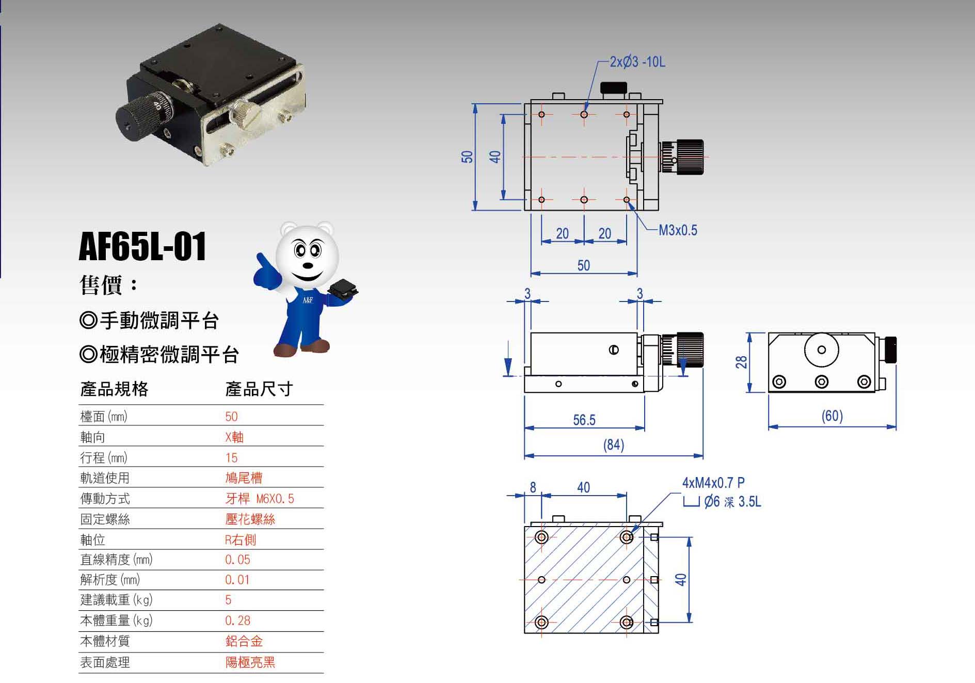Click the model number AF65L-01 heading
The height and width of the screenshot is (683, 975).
[142, 246]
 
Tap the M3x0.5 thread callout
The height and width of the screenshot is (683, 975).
[678, 230]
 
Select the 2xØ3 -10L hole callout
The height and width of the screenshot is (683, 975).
[637, 62]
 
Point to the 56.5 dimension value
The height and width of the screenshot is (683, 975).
[584, 420]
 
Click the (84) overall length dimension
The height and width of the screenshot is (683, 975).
[614, 445]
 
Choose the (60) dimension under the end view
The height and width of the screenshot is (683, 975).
[832, 416]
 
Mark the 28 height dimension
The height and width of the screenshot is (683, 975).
[742, 362]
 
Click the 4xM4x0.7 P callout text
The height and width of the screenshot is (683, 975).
[713, 483]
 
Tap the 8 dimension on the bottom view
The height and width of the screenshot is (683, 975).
[533, 487]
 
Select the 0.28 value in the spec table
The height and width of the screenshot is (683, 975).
[237, 621]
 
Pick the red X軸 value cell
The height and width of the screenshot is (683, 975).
[234, 437]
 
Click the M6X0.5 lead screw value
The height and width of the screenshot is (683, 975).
[275, 499]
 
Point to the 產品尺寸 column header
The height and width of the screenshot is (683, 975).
[259, 389]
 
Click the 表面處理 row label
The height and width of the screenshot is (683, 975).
[105, 662]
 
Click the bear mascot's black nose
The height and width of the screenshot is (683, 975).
[308, 266]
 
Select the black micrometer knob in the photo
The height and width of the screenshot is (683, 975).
[135, 118]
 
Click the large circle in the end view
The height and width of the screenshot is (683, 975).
[821, 350]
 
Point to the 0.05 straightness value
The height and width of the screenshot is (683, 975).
[237, 560]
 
